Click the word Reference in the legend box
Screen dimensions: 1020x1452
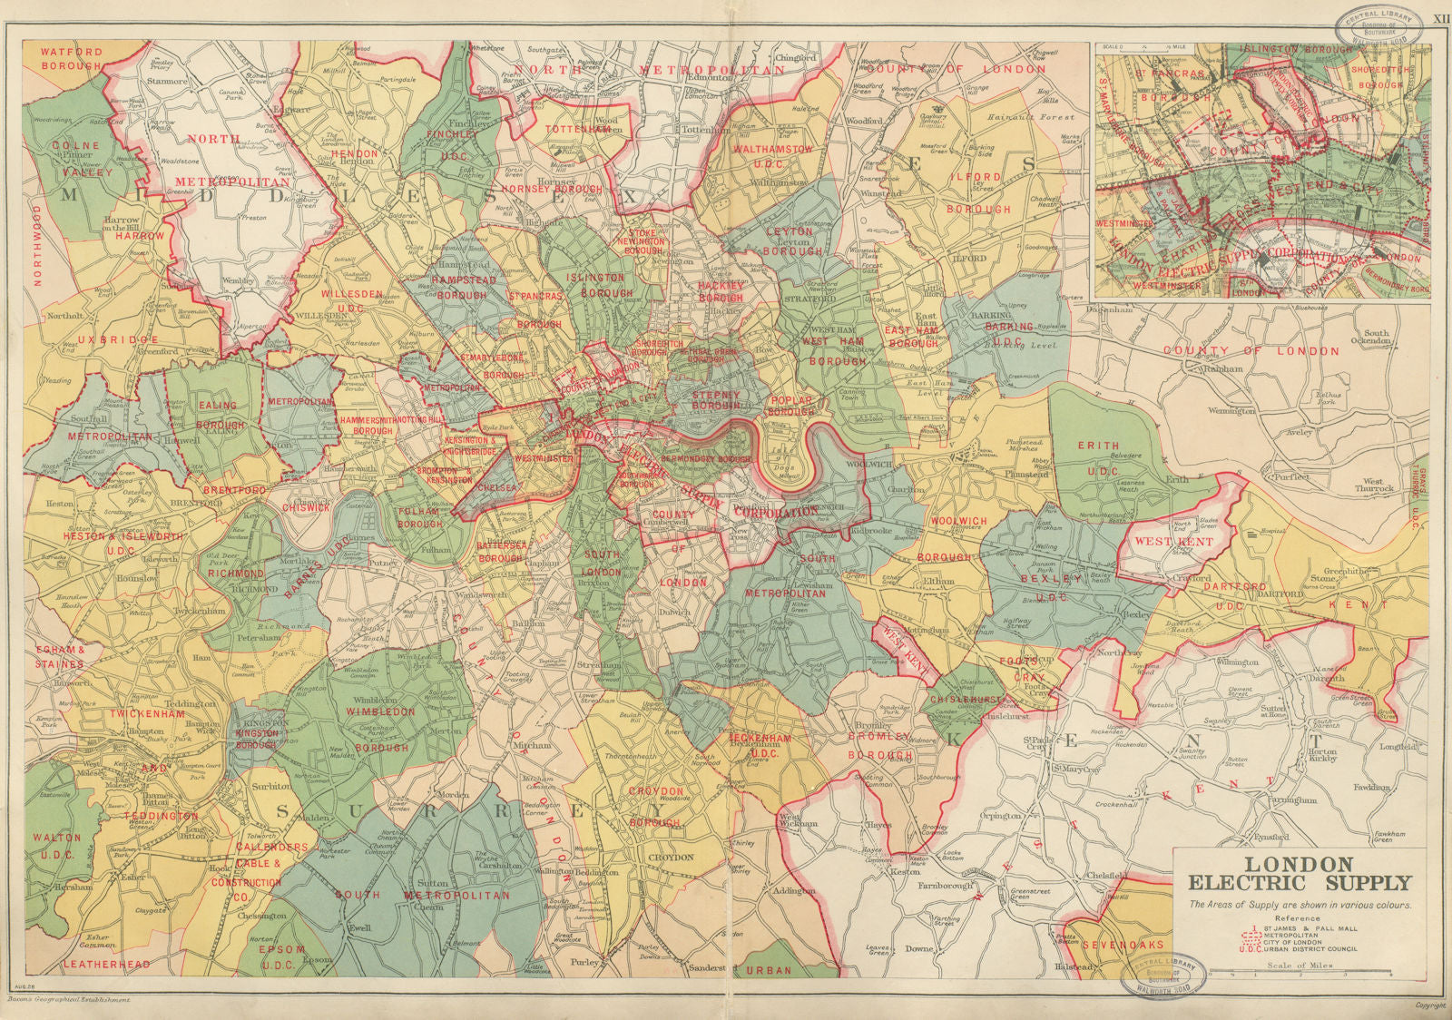[1298, 918]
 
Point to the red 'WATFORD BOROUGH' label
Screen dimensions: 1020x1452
[71, 59]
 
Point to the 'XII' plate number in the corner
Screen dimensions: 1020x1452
[1438, 17]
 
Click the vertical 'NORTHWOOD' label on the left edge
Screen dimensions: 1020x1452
[37, 245]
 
